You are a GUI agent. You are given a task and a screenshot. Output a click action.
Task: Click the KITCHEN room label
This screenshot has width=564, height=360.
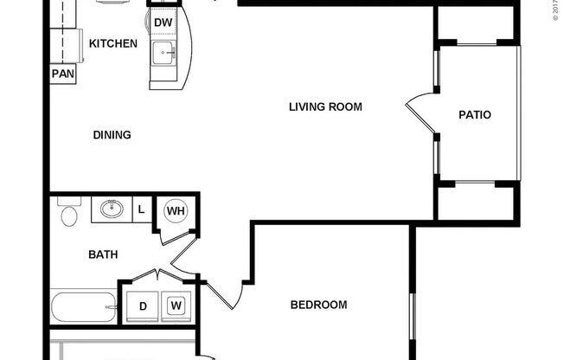tap(112, 42)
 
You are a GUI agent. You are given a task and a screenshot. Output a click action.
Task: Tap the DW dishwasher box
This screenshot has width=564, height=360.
tap(163, 22)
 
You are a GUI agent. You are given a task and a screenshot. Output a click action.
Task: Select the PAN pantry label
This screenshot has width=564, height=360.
tap(62, 74)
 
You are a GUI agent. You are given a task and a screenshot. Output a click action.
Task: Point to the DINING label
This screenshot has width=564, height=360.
tap(112, 135)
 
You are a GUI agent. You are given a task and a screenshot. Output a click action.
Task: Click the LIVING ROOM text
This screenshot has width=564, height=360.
tap(324, 107)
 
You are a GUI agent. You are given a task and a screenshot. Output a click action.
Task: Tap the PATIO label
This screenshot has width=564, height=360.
tap(475, 113)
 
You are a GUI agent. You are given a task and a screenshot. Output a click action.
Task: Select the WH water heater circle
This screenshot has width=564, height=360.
tap(176, 210)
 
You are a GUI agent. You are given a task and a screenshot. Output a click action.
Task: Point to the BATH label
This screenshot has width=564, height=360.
tap(103, 255)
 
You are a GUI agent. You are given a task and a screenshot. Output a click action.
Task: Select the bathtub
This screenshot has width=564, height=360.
tap(84, 306)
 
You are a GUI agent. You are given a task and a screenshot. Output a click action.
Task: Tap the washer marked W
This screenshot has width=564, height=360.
tap(176, 305)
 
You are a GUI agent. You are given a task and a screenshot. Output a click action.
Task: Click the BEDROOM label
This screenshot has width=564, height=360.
tap(318, 305)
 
